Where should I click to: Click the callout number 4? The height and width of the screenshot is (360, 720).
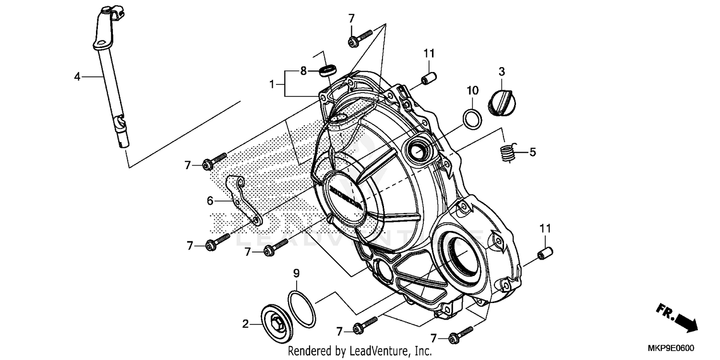coord(77,76)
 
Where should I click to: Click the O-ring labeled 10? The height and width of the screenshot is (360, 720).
coord(472,118)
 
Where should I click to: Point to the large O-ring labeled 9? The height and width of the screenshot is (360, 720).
coord(302,309)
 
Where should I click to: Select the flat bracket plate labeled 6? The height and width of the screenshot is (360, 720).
coord(243,199)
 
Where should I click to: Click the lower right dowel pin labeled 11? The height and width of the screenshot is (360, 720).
coord(545,253)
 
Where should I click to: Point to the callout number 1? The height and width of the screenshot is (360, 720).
coord(271,84)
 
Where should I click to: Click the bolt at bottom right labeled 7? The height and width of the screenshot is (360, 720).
coord(460,335)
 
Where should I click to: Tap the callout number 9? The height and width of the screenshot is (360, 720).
coord(296,274)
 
